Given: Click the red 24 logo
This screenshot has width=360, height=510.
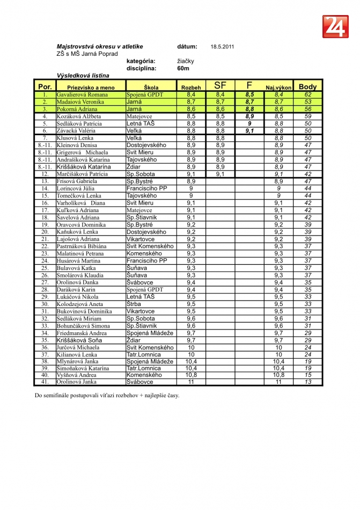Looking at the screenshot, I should (x=335, y=26).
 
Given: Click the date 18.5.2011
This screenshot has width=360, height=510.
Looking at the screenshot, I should (x=222, y=47).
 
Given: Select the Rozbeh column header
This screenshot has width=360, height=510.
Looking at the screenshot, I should (x=191, y=87).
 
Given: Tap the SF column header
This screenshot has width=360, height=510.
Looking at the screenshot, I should (x=220, y=86).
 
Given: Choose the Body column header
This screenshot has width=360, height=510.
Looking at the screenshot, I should (x=308, y=86).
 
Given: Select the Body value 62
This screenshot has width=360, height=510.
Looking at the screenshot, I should (x=308, y=94).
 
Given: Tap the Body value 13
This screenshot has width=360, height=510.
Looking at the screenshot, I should (x=308, y=382).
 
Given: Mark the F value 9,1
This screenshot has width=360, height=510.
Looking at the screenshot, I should (x=249, y=130).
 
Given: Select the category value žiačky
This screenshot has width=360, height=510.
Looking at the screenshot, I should (x=186, y=61).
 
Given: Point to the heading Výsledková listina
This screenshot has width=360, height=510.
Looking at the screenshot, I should (x=83, y=76).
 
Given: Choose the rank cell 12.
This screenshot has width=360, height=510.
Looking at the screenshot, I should (x=45, y=174).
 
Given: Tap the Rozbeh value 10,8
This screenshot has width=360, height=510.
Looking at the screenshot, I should (x=191, y=375).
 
